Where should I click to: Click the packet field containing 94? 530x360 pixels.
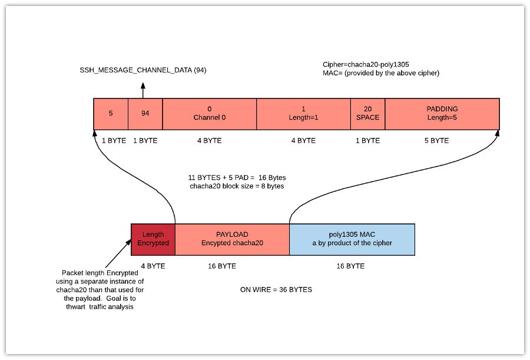click(x=145, y=113)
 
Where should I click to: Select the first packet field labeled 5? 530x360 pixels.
click(x=111, y=113)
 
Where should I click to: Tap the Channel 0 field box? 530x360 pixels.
click(x=209, y=113)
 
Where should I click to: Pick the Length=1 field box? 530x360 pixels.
click(x=303, y=113)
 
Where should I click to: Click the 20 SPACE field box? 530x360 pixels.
click(x=367, y=113)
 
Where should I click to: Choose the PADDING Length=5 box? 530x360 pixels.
click(x=442, y=113)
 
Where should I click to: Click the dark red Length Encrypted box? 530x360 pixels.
click(x=153, y=239)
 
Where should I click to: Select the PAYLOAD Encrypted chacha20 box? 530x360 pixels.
click(x=232, y=239)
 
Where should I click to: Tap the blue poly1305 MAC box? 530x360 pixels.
click(x=352, y=239)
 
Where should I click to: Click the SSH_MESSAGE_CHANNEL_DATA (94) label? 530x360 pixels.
click(x=143, y=71)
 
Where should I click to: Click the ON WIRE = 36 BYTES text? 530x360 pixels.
click(x=276, y=290)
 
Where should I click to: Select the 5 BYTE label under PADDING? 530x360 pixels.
click(x=436, y=141)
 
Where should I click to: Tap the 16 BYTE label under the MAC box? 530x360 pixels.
click(x=350, y=266)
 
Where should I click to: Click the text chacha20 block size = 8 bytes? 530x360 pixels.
click(x=236, y=186)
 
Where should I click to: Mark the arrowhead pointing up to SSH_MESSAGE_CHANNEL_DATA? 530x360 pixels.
click(x=143, y=86)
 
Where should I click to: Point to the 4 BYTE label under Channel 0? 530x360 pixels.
click(x=209, y=141)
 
